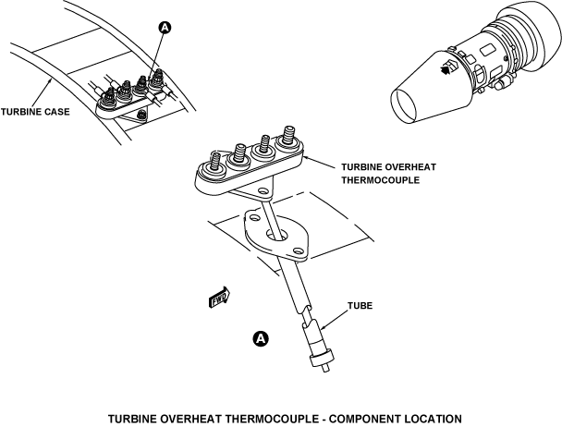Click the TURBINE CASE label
[35, 112]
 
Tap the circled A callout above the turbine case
[165, 28]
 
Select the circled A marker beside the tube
[261, 338]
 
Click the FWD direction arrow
[219, 298]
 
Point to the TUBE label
[360, 306]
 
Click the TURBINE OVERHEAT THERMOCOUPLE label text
[388, 174]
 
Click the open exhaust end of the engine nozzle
[405, 105]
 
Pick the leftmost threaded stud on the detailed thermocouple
[216, 160]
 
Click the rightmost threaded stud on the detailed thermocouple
[288, 134]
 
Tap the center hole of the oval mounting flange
[276, 234]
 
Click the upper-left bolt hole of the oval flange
[255, 217]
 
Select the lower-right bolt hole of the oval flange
[297, 250]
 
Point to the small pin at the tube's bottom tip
[325, 368]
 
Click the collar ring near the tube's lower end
[321, 359]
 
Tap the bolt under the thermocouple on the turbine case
[141, 115]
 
